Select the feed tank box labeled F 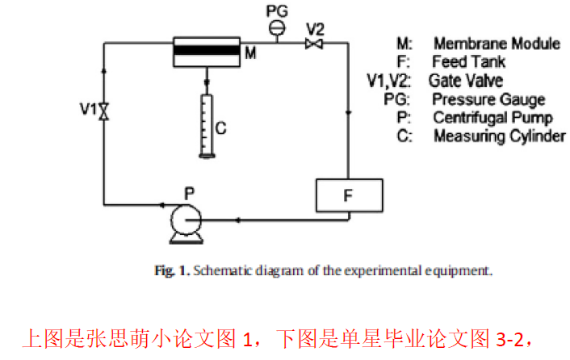click(x=349, y=195)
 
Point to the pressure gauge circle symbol click(x=277, y=27)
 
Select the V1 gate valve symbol click(x=103, y=112)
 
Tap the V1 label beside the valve click(x=88, y=107)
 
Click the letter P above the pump click(x=189, y=193)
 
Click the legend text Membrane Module click(x=496, y=43)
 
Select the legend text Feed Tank click(x=469, y=61)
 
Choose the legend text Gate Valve click(x=466, y=80)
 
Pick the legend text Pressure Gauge click(x=488, y=99)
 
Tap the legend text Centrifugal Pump click(x=492, y=118)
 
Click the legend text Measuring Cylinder click(x=499, y=136)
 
